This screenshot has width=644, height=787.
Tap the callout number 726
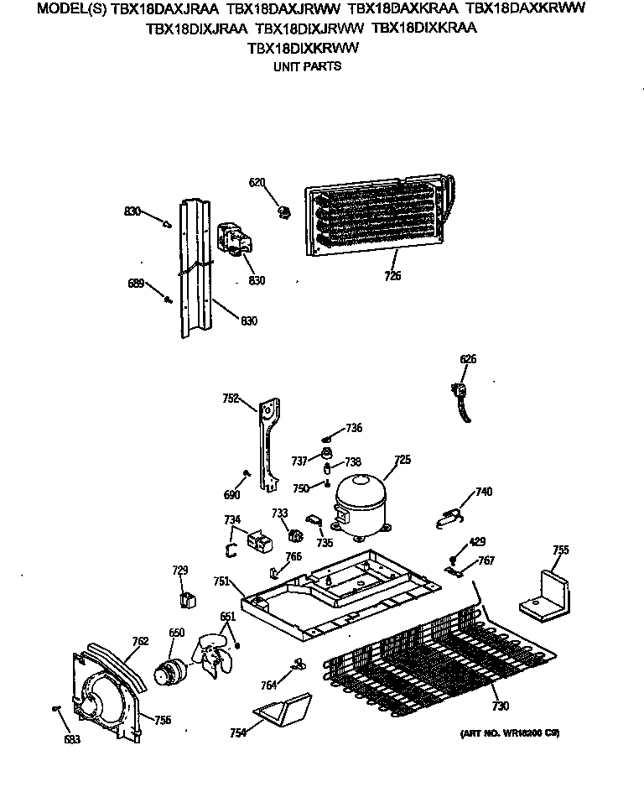coord(392,276)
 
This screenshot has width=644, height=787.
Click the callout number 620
coord(257,182)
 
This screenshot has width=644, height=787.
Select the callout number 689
coord(136,283)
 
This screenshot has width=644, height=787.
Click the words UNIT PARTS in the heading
coord(308,65)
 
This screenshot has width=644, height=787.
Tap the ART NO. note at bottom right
coord(509,733)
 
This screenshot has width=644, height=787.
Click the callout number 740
coord(484,492)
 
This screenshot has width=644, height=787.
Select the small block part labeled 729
coord(188,599)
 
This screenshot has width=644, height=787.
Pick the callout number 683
coord(74,739)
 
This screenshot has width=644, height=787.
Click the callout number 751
coord(221,581)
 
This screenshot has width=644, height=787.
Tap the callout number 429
coord(476,542)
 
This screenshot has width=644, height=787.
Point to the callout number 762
coord(140,641)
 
